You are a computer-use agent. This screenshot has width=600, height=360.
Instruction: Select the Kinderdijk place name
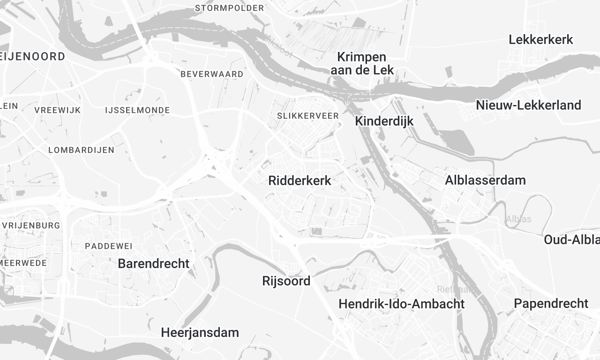[x=384, y=121]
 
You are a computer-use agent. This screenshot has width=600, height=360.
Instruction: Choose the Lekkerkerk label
[x=540, y=39]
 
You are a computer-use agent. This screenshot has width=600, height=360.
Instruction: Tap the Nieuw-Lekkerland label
[x=528, y=105]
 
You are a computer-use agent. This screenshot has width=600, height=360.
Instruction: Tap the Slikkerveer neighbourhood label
[x=309, y=116]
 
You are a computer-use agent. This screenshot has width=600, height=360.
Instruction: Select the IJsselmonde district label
[x=135, y=109]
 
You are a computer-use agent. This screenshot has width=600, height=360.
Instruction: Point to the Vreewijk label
[x=56, y=109]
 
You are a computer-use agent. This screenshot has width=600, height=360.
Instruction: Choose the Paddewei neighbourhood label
[x=107, y=245]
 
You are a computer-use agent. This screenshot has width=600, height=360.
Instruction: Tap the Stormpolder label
[x=230, y=8]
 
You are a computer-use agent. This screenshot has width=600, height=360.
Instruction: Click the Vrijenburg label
[x=30, y=226]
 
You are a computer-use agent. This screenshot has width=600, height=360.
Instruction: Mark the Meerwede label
[x=22, y=263]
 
